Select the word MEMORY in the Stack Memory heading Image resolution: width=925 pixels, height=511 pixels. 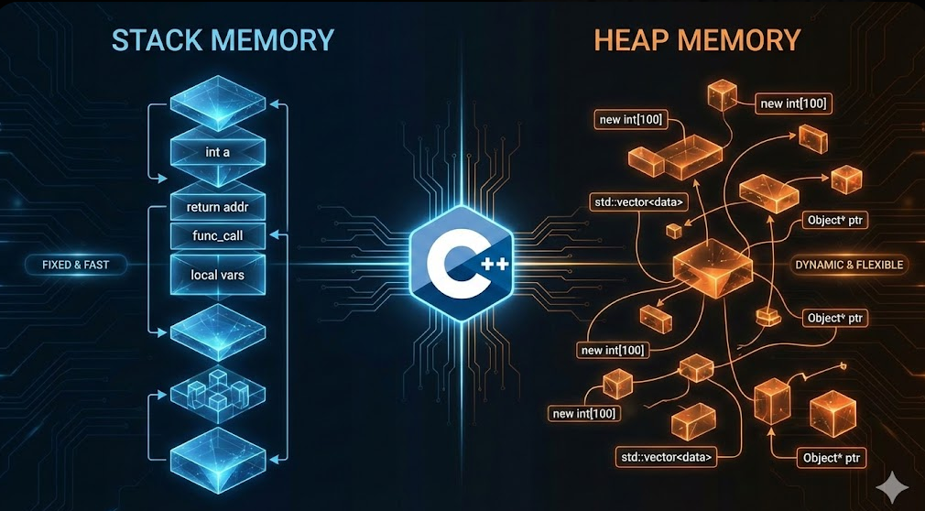click(x=276, y=41)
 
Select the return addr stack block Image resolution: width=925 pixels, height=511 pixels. click(x=217, y=208)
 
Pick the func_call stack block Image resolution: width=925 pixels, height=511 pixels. click(x=217, y=236)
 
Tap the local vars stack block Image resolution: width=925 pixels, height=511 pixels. click(x=217, y=274)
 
